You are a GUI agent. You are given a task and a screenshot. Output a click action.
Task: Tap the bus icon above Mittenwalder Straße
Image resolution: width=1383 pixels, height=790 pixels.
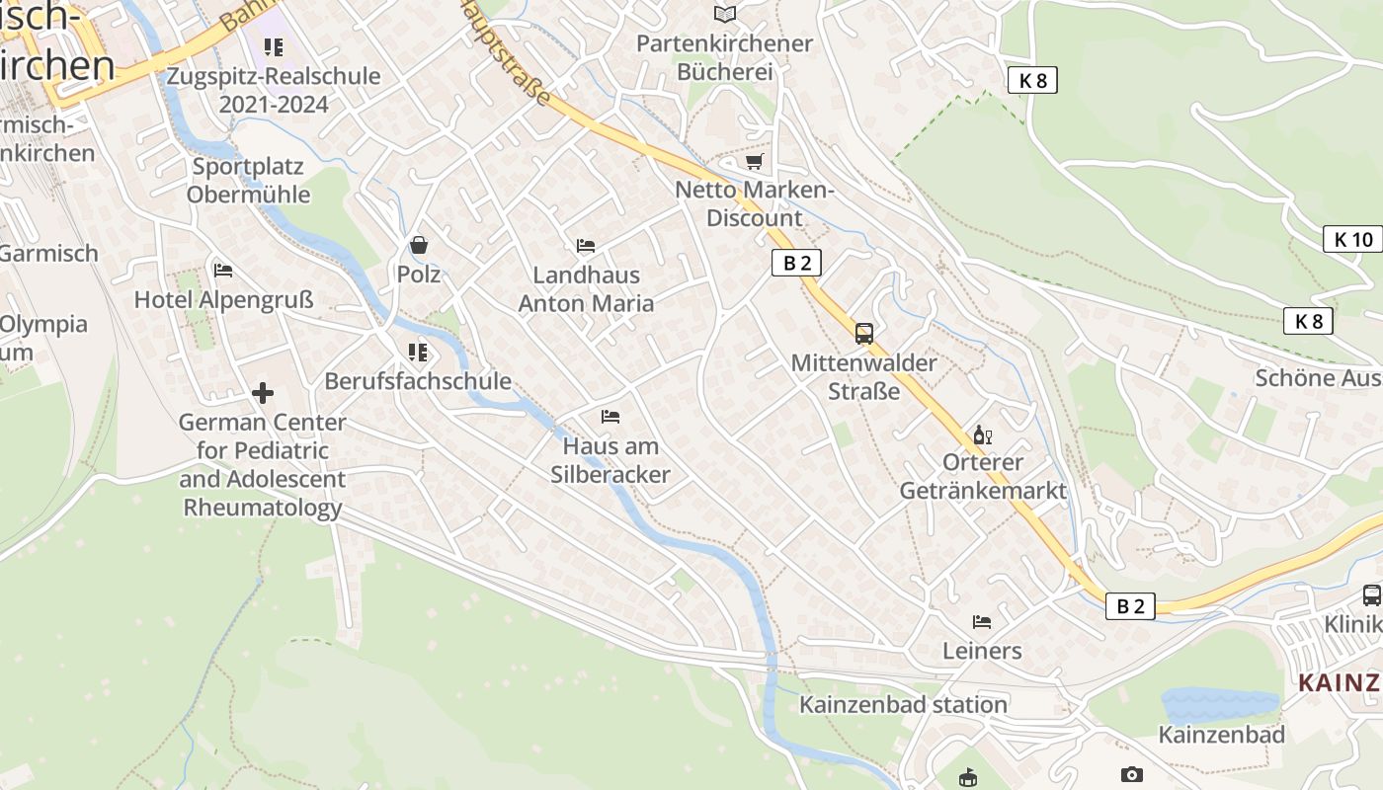[864, 334]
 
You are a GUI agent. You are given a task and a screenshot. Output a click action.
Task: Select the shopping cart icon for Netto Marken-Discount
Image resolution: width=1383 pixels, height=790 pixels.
[755, 161]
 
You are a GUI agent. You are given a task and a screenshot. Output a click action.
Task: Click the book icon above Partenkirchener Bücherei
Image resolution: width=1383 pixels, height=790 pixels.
[725, 14]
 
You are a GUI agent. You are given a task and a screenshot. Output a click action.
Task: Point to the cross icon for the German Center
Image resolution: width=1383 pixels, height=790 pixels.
[263, 393]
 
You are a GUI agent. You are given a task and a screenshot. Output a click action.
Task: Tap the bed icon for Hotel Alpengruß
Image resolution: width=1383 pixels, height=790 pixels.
[223, 271]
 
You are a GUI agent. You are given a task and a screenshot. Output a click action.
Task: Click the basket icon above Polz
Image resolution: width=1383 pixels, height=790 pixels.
[419, 245]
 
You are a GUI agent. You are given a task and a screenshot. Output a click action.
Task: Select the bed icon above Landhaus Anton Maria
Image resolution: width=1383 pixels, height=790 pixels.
[586, 246]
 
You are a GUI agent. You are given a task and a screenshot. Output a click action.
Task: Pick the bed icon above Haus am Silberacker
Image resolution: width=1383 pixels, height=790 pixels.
[610, 417]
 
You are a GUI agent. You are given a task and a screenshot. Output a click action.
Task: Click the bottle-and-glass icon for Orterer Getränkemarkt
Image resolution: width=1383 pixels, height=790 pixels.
[982, 434]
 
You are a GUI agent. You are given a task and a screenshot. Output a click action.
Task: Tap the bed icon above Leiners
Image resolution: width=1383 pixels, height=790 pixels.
[982, 622]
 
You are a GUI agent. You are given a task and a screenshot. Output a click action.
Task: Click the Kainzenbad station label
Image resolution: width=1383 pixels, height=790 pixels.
[903, 704]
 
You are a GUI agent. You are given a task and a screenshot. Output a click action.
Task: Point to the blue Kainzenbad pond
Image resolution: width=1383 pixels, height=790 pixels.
[1220, 704]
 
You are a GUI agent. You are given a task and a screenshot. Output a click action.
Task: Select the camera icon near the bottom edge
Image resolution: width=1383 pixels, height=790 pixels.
[1132, 775]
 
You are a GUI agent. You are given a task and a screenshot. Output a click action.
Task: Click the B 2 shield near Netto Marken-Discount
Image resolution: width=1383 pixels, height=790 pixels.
[796, 263]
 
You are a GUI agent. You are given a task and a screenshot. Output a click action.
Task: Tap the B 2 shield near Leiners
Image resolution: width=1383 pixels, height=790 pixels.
[1130, 606]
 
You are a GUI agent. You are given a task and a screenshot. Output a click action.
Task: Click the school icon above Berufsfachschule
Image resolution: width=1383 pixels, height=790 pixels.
[418, 353]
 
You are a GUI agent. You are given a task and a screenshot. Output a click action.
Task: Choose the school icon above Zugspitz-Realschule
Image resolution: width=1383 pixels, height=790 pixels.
[274, 46]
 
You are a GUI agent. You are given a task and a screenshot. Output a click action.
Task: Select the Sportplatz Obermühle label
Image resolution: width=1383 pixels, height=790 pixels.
[249, 180]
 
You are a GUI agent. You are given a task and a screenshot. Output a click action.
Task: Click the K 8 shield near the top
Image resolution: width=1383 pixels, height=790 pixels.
[1032, 81]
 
